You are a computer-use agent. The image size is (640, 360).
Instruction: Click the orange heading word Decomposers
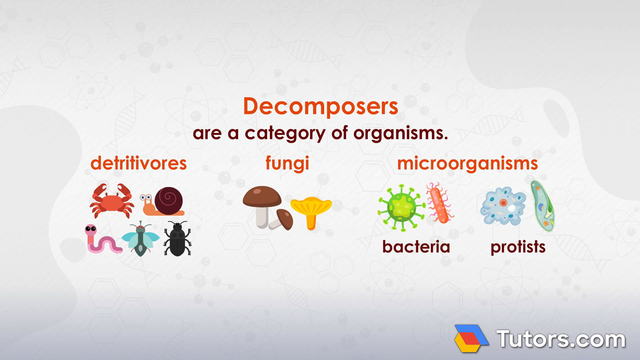click(x=320, y=107)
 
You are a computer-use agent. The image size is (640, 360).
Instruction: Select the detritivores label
click(x=139, y=163)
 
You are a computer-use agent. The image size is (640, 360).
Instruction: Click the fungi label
click(x=287, y=163)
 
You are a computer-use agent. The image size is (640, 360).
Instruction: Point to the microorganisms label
click(x=467, y=163)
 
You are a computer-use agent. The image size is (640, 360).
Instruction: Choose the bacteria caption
click(x=416, y=247)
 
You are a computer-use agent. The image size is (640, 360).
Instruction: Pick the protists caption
click(x=518, y=247)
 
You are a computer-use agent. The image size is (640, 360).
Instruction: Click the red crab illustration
click(x=111, y=201)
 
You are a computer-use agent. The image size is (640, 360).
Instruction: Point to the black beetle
click(x=177, y=239)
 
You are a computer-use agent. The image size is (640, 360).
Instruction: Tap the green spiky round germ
click(x=400, y=207)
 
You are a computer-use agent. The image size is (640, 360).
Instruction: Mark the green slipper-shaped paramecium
click(x=542, y=206)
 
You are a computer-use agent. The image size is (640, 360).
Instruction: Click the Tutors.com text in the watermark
click(x=560, y=338)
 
